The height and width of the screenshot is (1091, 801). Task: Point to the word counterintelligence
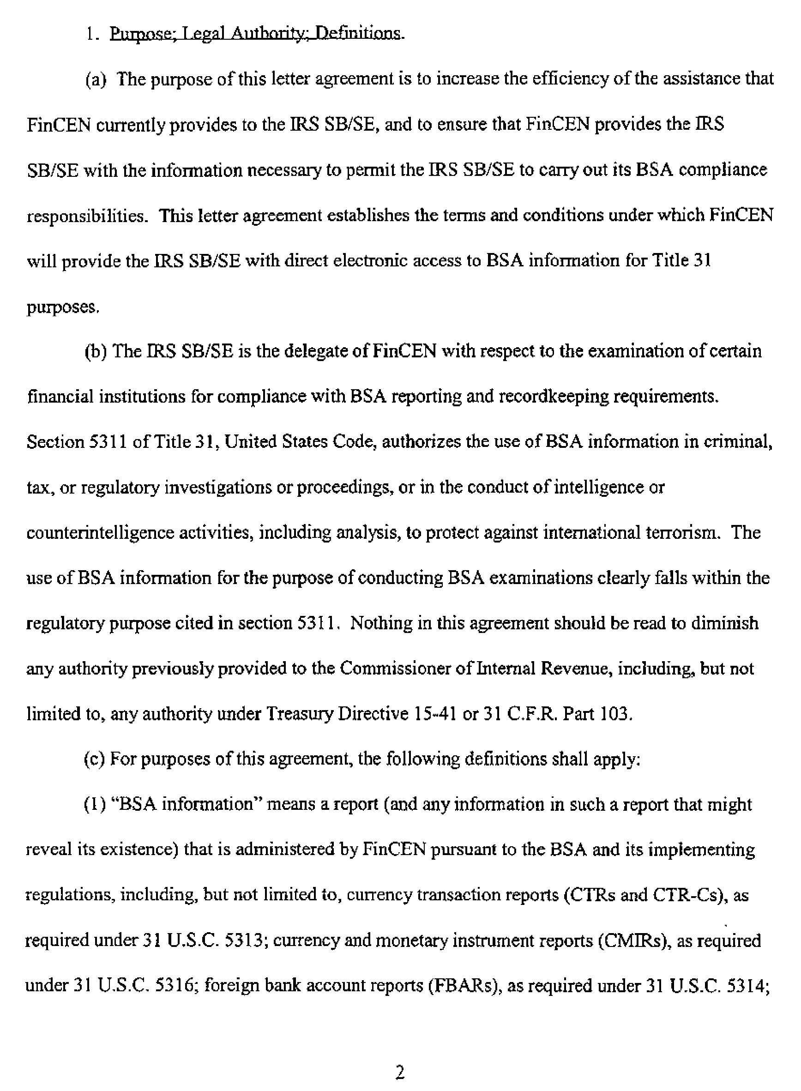click(x=100, y=533)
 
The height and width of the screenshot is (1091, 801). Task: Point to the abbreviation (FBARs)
click(x=464, y=986)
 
